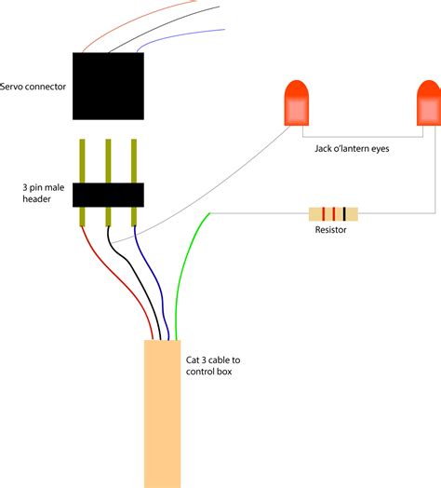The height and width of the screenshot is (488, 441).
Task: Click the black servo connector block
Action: (x=108, y=86)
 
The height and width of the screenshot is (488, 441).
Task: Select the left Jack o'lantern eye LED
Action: (x=295, y=103)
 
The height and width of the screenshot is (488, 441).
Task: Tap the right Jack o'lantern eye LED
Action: (x=428, y=103)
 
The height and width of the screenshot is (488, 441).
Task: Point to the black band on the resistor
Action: (x=344, y=213)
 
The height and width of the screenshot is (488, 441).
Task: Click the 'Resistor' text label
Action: (x=331, y=229)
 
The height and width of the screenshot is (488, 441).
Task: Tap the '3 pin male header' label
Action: (x=34, y=193)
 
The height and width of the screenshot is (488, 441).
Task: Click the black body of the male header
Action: (x=108, y=194)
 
